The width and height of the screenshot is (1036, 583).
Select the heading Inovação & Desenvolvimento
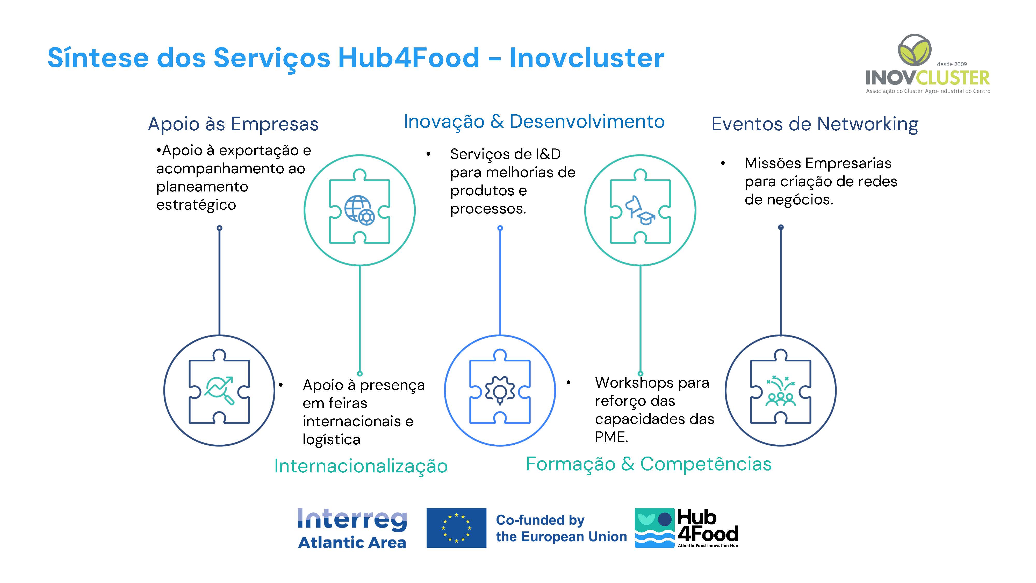coord(534,122)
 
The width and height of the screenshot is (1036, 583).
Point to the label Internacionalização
coord(361,466)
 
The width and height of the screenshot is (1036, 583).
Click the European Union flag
coord(456,528)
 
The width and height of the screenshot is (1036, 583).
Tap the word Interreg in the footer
coord(352,520)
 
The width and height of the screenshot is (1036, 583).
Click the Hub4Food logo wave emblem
coord(654,528)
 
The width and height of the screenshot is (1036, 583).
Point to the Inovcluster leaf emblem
coord(915,50)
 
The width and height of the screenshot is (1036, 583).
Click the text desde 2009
coord(952,64)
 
